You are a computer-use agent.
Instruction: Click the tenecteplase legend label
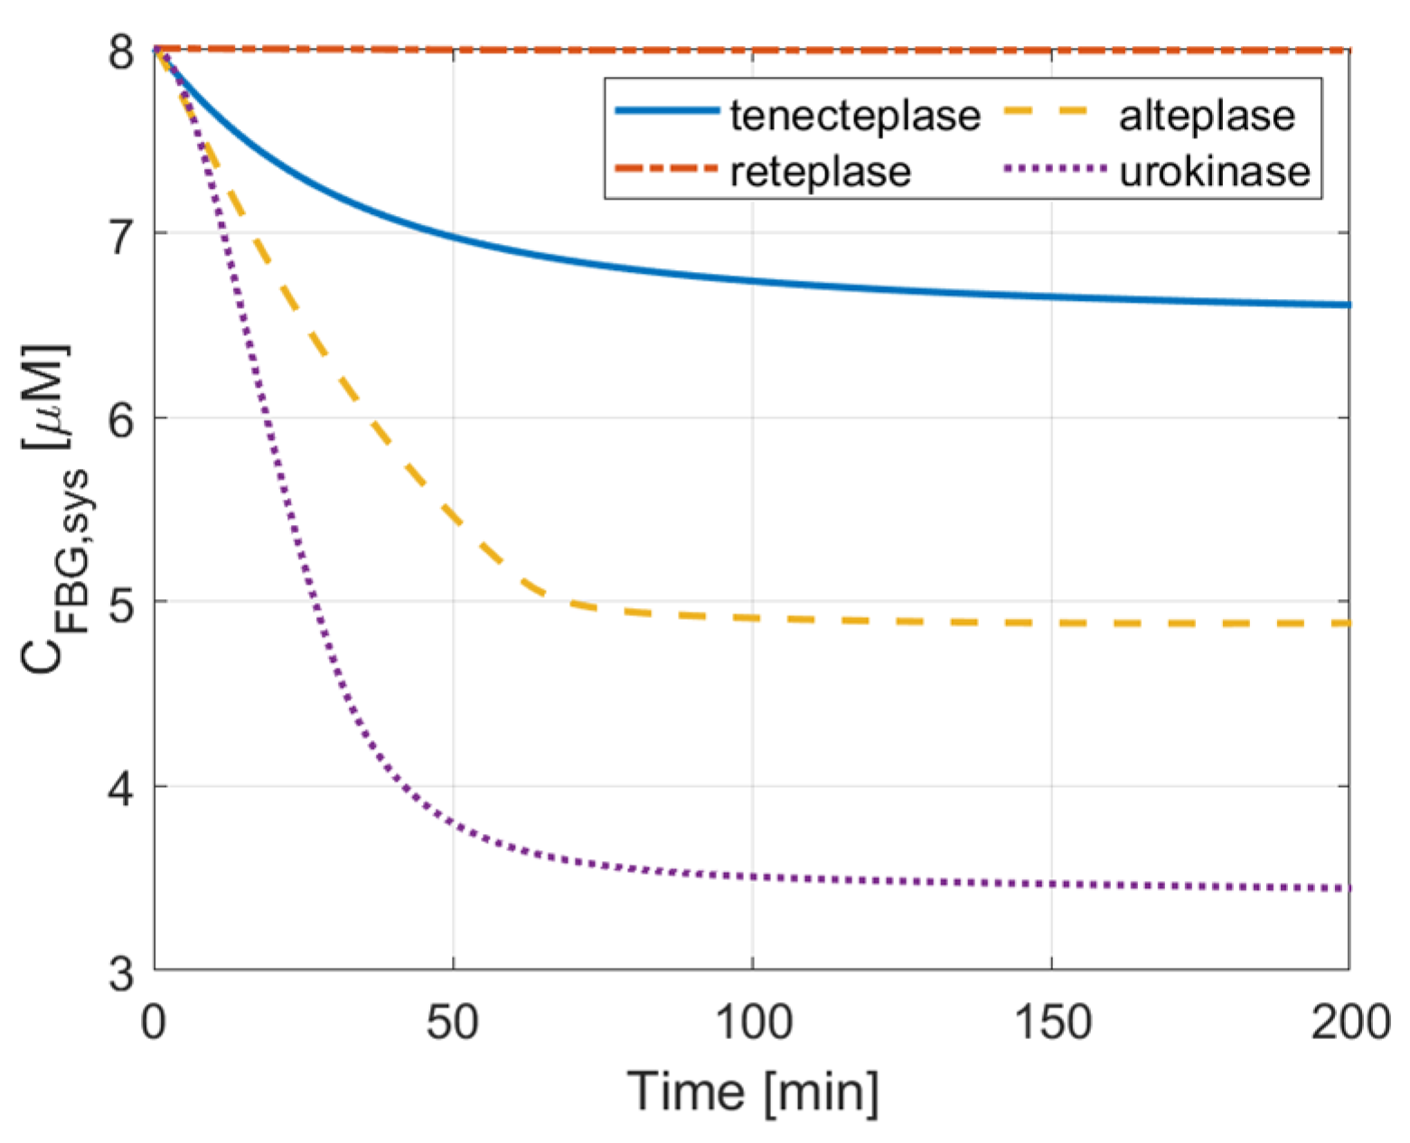click(855, 117)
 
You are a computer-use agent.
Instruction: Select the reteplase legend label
click(821, 172)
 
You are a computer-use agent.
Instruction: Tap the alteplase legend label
click(1207, 117)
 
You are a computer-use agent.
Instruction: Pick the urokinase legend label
click(1215, 172)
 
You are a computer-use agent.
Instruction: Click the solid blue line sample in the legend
click(667, 112)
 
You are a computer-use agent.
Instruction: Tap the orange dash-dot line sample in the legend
click(667, 168)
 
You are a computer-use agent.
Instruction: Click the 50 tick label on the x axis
click(453, 1024)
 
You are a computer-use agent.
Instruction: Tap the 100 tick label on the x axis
click(752, 1024)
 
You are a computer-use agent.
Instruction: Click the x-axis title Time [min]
click(752, 1091)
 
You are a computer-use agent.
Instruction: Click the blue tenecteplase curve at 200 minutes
click(1348, 305)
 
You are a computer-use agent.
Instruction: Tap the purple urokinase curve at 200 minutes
click(1348, 889)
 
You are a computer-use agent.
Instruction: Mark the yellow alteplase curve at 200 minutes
click(1346, 623)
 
